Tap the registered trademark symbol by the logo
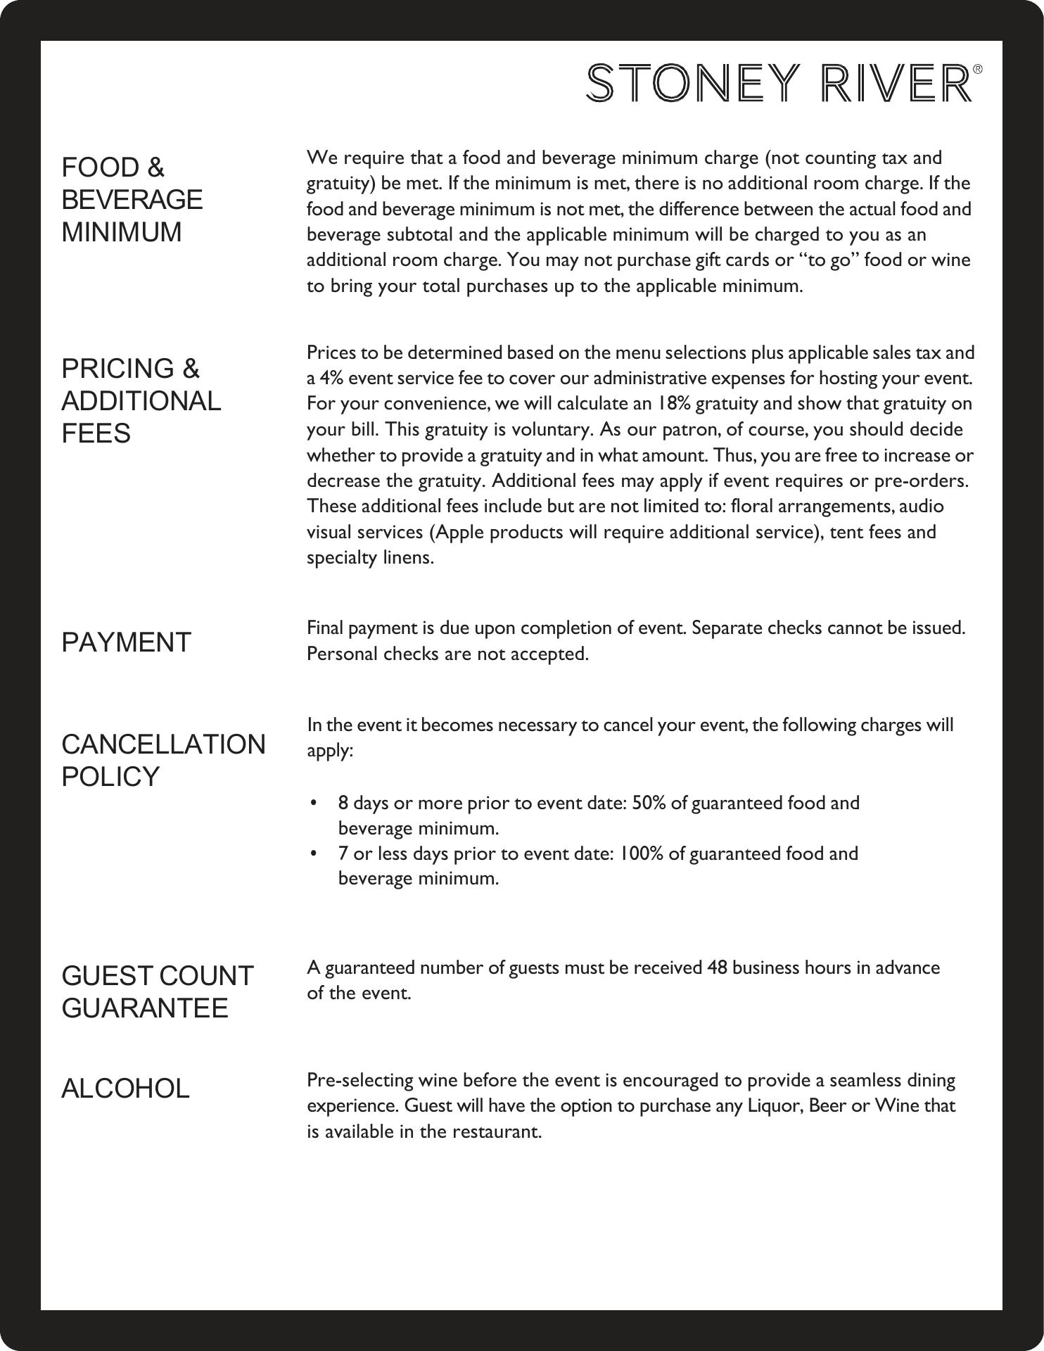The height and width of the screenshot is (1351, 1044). [977, 69]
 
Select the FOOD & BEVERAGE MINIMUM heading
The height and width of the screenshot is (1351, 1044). [132, 200]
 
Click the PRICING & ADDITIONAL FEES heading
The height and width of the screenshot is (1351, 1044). [141, 401]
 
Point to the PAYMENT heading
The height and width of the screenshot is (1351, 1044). [127, 642]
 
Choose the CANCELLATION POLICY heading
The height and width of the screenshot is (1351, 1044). [163, 761]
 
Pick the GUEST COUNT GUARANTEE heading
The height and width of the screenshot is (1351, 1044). [158, 992]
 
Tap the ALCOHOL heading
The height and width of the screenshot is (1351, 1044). [126, 1089]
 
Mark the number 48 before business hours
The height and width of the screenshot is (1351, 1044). [718, 968]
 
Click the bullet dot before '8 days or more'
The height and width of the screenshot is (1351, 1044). [314, 803]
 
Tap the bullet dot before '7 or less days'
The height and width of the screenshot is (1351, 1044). [314, 854]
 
